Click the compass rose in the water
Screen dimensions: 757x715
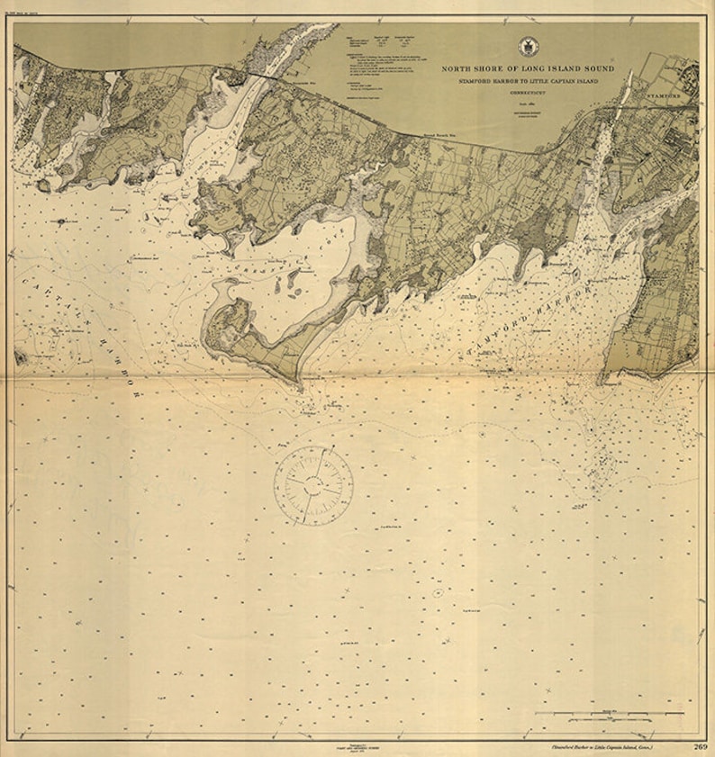pyautogui.click(x=313, y=486)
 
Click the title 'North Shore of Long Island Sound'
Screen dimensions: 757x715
pyautogui.click(x=527, y=68)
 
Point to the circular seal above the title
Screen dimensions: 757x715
pyautogui.click(x=527, y=47)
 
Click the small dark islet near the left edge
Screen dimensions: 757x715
pyautogui.click(x=62, y=221)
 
